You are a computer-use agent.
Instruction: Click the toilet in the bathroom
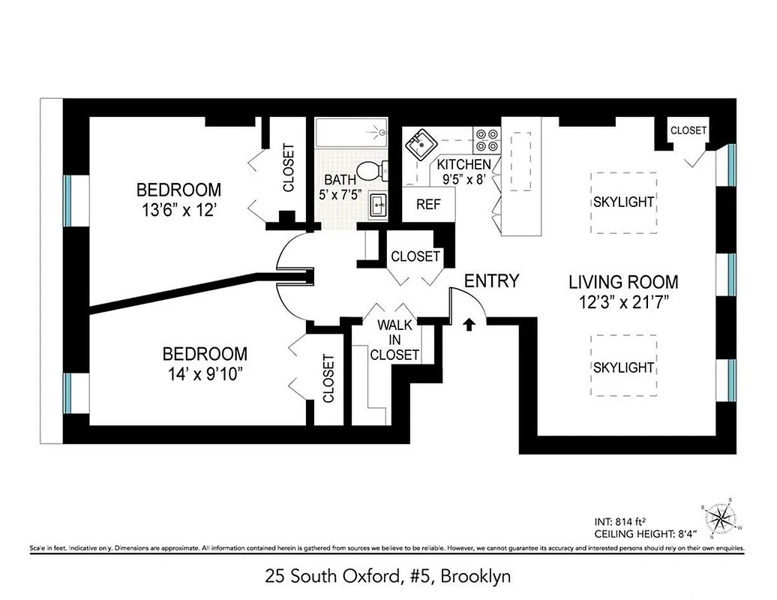coord(370,171)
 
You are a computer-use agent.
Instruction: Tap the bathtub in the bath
coord(350,134)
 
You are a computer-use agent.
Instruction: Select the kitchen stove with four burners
coord(486,139)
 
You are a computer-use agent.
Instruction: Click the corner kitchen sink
coord(419,143)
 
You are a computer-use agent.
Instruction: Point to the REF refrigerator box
coord(428,204)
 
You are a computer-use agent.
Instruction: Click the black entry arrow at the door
coord(469,324)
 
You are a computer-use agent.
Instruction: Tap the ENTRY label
coord(491,281)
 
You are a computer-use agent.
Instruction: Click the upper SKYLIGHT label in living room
coord(623,202)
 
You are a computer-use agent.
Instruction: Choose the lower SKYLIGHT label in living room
coord(623,367)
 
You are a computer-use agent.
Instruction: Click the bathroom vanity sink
coord(377,203)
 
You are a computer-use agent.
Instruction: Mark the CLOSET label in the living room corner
coord(688,130)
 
